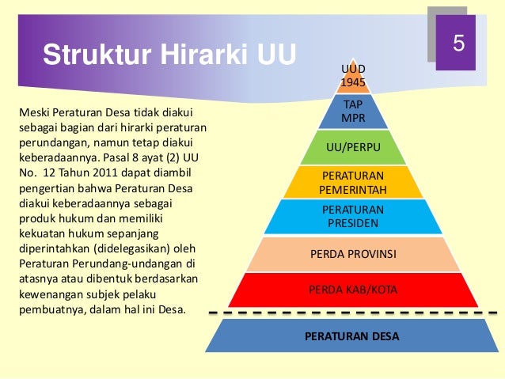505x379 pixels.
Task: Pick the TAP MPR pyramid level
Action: (x=353, y=112)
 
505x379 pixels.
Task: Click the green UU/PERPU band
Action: (x=353, y=147)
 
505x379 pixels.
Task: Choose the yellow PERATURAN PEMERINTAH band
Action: (x=353, y=182)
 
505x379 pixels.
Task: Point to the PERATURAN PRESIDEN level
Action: (x=353, y=216)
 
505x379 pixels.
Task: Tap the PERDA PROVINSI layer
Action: (x=353, y=255)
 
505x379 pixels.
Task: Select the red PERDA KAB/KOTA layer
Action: (x=353, y=290)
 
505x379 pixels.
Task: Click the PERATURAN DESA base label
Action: (x=353, y=336)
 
